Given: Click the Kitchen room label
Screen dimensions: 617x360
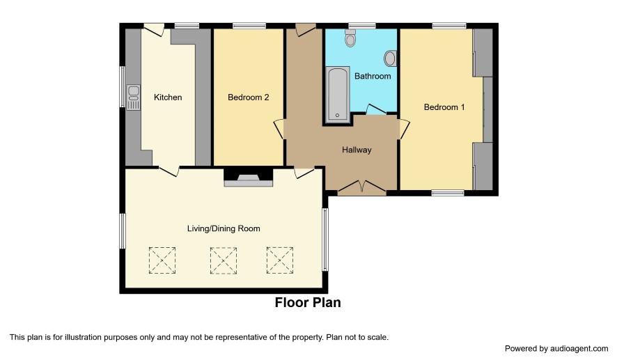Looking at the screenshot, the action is [x=168, y=97].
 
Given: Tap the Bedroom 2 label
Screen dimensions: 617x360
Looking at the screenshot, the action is [x=249, y=97].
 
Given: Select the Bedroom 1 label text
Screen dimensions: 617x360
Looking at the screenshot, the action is [x=444, y=107].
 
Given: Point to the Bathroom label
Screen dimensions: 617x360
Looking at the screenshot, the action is [x=373, y=76].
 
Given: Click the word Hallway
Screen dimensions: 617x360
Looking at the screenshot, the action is [x=357, y=150].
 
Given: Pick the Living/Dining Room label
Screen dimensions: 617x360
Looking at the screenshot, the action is [x=224, y=228].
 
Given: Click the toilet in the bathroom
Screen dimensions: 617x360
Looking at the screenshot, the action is [x=350, y=38].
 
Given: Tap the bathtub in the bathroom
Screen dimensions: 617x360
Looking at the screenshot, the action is [x=338, y=93].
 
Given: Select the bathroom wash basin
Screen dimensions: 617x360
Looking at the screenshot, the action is [x=390, y=58].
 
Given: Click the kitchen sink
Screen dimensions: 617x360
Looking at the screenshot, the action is [x=134, y=97].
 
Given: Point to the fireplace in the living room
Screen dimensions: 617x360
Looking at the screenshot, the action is [x=249, y=178].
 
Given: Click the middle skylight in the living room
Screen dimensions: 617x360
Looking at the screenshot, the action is [x=224, y=260].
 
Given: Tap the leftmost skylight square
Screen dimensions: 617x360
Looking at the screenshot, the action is [x=162, y=260].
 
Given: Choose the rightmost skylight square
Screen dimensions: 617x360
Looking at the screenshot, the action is [x=280, y=260].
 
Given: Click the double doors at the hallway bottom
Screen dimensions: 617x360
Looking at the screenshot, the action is [x=362, y=188].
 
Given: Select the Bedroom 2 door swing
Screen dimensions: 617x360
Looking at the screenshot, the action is [x=279, y=129].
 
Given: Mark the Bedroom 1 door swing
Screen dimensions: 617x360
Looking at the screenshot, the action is [x=405, y=129].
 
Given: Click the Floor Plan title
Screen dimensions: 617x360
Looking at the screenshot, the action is [x=308, y=303].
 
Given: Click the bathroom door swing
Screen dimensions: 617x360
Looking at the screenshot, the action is [x=376, y=109].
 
